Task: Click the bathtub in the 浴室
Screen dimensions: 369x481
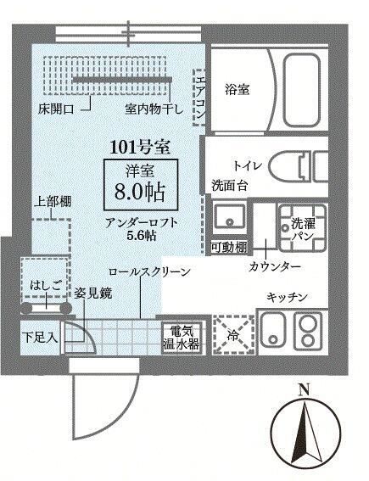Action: point(301,90)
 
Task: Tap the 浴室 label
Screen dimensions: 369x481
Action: point(237,90)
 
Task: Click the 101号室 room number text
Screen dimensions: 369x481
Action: point(140,148)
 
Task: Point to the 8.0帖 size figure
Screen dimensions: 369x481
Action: point(140,192)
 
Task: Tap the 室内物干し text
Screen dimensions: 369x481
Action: point(154,109)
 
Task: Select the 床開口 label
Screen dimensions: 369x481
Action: point(56,109)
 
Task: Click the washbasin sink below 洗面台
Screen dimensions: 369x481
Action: point(229,215)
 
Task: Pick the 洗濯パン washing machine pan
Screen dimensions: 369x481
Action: point(303,227)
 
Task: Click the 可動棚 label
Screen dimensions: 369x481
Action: point(229,247)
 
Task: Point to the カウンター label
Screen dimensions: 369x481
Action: point(274,267)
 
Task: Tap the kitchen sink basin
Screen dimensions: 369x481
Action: point(273,331)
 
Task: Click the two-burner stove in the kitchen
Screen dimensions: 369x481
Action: point(308,332)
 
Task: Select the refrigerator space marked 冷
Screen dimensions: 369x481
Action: point(233,334)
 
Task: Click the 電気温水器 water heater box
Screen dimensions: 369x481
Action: point(182,338)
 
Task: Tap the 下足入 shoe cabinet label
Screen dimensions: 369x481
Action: point(40,338)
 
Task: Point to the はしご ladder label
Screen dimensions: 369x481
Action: point(44,287)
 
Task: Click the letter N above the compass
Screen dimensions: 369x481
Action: point(304,390)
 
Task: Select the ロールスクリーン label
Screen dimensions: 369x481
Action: point(149,271)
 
